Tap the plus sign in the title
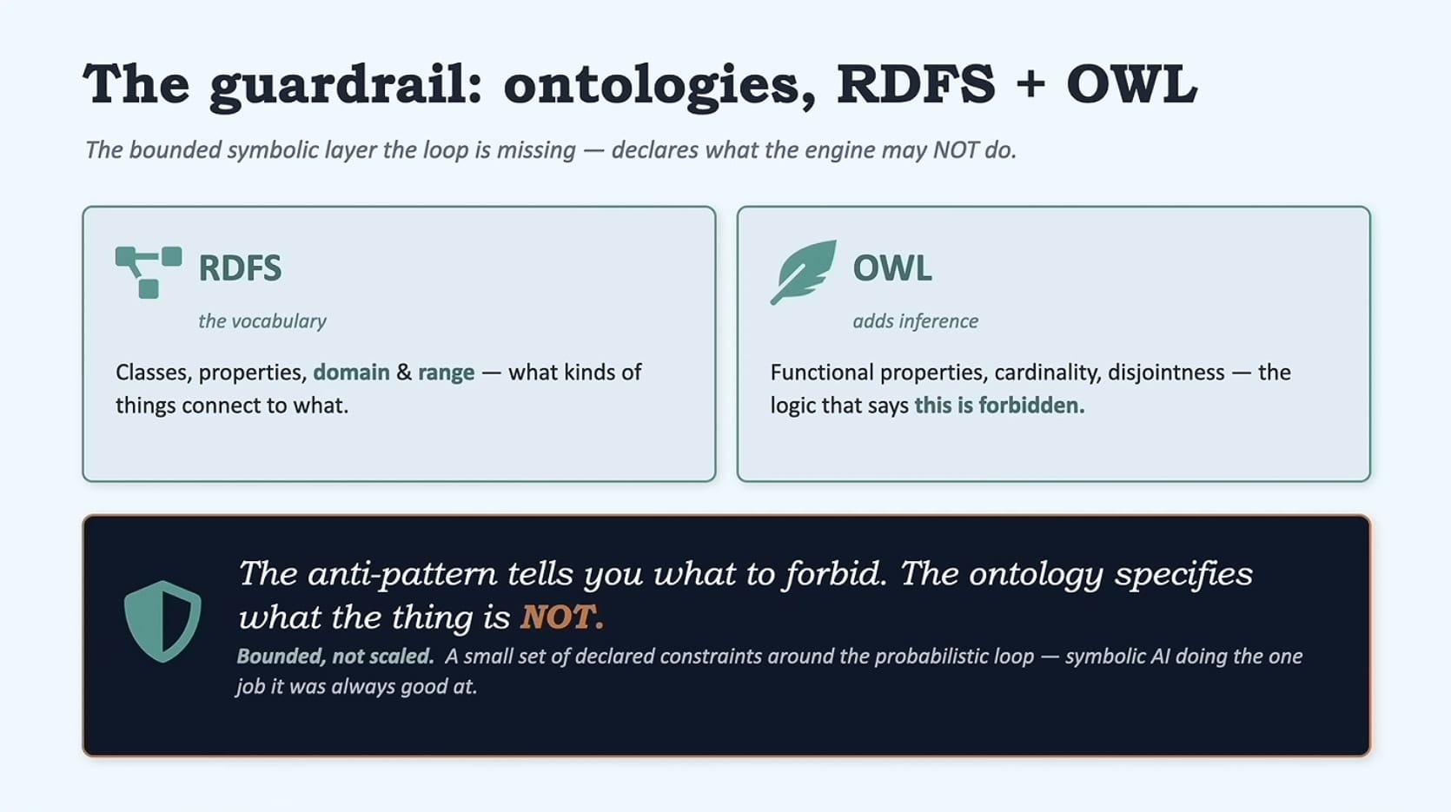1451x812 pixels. point(1030,85)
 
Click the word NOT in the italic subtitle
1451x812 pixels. point(956,150)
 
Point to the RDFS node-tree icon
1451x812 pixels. point(149,272)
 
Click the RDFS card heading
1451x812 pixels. point(240,268)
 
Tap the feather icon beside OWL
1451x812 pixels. point(803,272)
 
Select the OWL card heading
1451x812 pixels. point(892,268)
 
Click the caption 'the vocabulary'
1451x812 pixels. point(262,321)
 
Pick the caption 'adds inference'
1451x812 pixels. point(915,321)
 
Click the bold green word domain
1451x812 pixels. point(351,373)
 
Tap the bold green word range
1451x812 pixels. point(447,373)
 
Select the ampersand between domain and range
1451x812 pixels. point(403,373)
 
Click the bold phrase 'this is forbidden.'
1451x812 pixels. point(999,406)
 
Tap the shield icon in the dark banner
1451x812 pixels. point(162,621)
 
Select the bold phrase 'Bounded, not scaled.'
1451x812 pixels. point(335,656)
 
